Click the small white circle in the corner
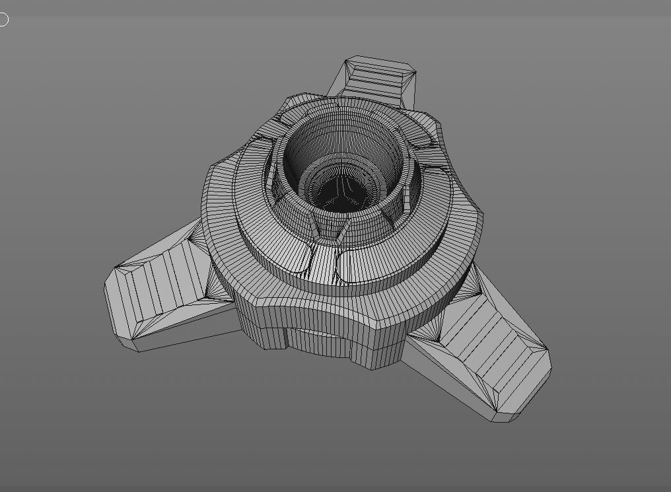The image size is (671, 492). tap(3, 20)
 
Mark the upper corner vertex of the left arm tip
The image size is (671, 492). tap(115, 268)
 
